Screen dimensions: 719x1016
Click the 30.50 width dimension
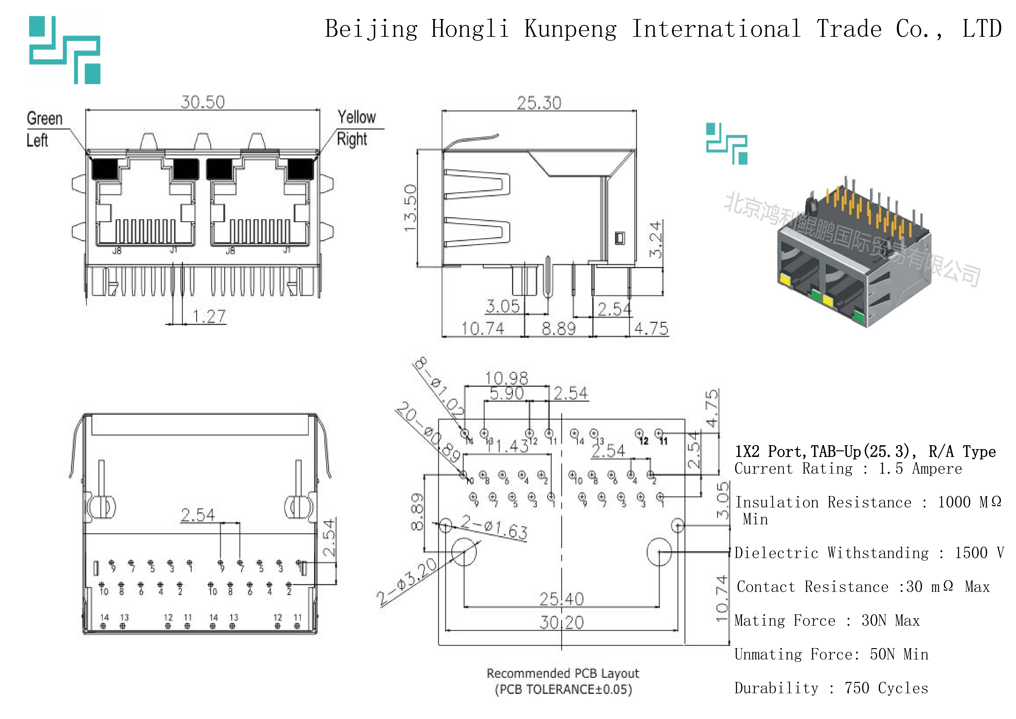(x=203, y=102)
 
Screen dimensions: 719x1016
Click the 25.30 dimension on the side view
(x=539, y=103)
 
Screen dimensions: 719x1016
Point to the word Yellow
(x=357, y=117)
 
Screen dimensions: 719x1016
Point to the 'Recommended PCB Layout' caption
(x=563, y=673)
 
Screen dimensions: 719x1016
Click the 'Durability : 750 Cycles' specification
(x=831, y=688)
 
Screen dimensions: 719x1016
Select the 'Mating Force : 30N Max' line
(x=827, y=621)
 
